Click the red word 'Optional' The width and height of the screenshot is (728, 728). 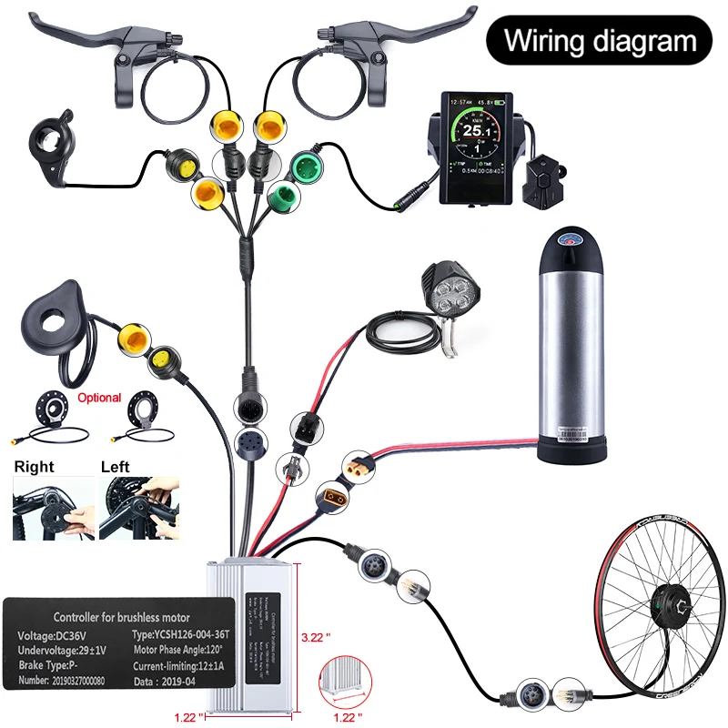(99, 398)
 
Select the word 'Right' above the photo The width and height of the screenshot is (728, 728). (34, 466)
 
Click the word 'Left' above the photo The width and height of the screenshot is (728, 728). (116, 466)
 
